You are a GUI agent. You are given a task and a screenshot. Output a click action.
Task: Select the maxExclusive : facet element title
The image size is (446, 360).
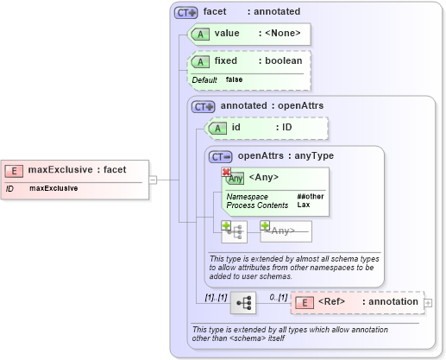(77, 170)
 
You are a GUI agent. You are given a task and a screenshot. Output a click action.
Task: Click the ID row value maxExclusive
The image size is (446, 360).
(53, 187)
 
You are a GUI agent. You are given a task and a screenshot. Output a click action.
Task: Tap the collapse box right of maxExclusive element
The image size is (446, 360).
(153, 180)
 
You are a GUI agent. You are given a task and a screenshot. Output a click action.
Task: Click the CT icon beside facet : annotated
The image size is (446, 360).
(185, 13)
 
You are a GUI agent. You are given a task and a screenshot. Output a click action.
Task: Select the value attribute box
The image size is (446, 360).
(248, 34)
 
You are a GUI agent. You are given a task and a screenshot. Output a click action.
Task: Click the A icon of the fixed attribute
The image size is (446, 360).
(200, 62)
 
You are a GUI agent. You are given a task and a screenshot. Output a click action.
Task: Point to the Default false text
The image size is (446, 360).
(217, 79)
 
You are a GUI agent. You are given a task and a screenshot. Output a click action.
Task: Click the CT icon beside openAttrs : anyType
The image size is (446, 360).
(223, 156)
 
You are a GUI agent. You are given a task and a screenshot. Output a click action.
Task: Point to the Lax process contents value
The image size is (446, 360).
(304, 205)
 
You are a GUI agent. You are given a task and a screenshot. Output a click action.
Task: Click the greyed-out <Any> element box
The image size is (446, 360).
(285, 231)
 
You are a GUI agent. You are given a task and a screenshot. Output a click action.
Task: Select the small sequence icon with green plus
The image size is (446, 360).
(234, 231)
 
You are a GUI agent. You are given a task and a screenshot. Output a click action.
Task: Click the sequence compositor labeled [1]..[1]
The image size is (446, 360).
(244, 302)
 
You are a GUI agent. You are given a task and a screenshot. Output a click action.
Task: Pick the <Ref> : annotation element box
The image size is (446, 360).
(356, 302)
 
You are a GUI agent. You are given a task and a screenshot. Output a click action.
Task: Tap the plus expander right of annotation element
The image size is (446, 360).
(429, 302)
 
